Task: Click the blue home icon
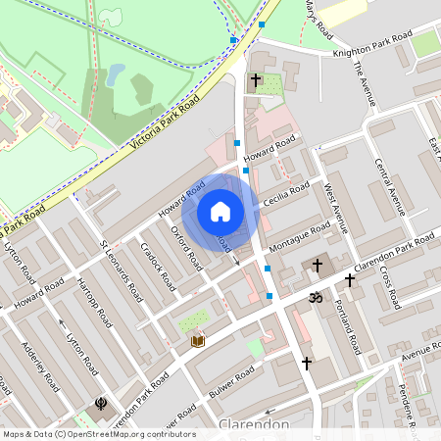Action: coord(220,211)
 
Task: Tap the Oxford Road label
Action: coord(186,248)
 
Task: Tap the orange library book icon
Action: coord(198,340)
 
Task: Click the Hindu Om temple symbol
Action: coord(316,297)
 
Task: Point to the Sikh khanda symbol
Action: coord(101,402)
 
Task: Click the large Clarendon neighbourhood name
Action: coord(254,425)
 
